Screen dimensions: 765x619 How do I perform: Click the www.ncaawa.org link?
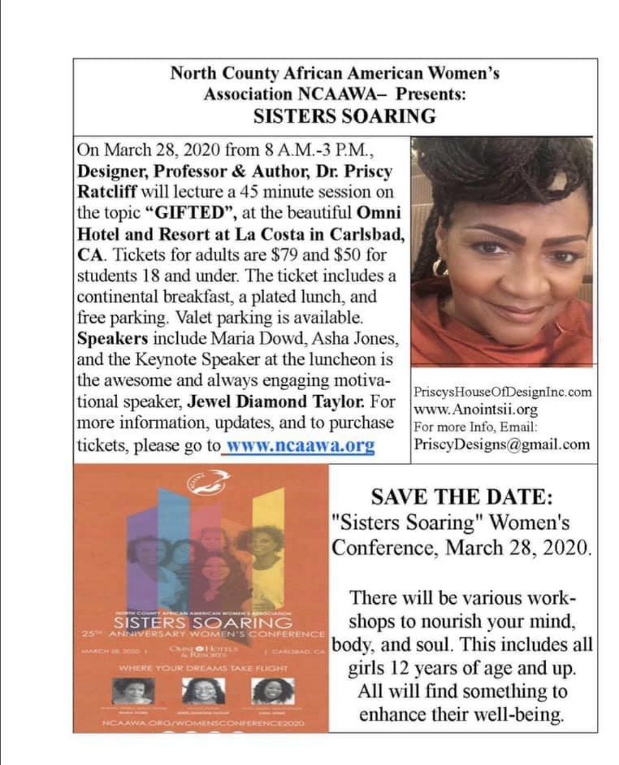pos(300,445)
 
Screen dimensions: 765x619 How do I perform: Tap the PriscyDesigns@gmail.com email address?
pos(501,444)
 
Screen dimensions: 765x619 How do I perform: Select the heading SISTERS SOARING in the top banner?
pos(344,116)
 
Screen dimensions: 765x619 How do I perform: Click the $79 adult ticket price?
pos(283,255)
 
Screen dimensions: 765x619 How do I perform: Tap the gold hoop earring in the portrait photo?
pos(440,267)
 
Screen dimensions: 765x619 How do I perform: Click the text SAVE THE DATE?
pos(462,497)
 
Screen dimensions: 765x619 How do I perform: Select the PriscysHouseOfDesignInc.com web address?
pos(502,392)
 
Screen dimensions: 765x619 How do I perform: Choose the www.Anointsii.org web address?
pos(475,409)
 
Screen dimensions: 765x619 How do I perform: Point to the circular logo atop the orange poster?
pos(206,481)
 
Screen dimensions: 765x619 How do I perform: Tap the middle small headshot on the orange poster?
pos(203,691)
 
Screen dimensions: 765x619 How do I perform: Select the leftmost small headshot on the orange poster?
pos(133,691)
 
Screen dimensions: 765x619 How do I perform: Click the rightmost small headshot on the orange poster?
pos(273,691)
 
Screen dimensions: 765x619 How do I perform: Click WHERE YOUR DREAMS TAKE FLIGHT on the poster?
pos(203,668)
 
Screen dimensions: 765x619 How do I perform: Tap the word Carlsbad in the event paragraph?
pos(366,234)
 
